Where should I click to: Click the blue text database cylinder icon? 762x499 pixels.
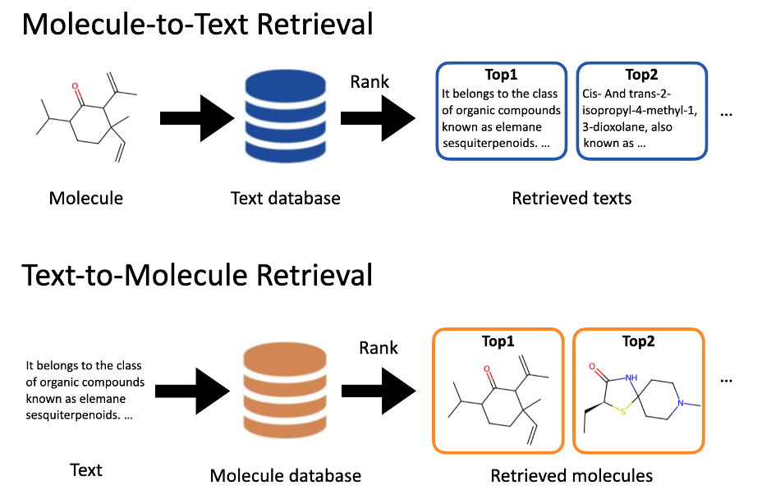(284, 117)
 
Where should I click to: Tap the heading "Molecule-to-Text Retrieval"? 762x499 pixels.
(197, 24)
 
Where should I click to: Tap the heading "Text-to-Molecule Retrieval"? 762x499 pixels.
(197, 274)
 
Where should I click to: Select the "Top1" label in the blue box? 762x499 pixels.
(502, 76)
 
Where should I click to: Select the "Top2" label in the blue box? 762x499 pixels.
(641, 76)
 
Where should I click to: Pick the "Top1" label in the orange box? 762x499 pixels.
(498, 341)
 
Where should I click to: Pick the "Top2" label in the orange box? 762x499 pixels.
(637, 341)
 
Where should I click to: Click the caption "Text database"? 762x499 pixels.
(285, 198)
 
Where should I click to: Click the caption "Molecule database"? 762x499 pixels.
(285, 476)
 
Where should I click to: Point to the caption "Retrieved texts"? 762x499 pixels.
(571, 198)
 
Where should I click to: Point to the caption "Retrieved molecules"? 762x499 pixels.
(571, 476)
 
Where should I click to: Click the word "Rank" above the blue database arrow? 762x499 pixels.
(370, 82)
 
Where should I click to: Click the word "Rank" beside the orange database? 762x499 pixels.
(379, 348)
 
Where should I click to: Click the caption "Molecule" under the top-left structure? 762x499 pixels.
(86, 198)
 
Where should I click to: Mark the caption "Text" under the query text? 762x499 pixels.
(86, 469)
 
